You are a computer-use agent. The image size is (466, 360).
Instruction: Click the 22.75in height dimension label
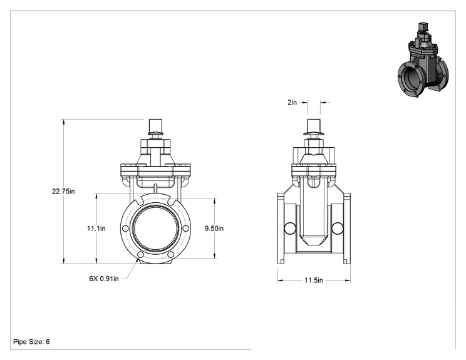tap(63, 192)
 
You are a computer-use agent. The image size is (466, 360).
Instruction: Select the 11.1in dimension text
tap(96, 229)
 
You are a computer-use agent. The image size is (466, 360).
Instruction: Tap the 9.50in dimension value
tap(214, 229)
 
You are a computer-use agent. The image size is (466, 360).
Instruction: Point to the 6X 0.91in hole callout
tap(104, 279)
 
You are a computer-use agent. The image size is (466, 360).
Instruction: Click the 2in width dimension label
tap(292, 103)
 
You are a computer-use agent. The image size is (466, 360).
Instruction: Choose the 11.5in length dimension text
tap(314, 280)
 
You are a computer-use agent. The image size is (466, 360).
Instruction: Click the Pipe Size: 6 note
tap(31, 342)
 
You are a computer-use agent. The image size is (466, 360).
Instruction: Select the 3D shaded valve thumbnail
tap(423, 59)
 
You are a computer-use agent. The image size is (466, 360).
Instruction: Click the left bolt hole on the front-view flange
tap(125, 229)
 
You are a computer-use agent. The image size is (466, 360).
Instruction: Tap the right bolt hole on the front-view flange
tap(186, 229)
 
